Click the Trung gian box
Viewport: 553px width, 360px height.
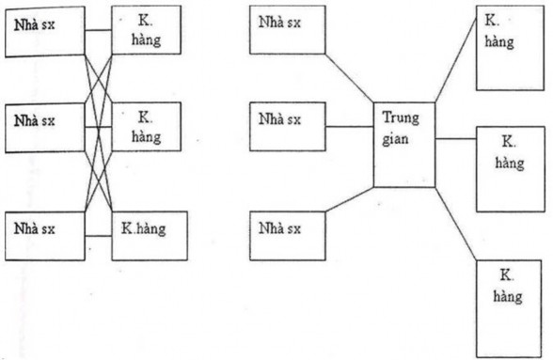pyautogui.click(x=405, y=144)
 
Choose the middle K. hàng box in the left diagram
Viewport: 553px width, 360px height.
pyautogui.click(x=145, y=128)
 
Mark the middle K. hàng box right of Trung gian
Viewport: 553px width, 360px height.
pyautogui.click(x=508, y=166)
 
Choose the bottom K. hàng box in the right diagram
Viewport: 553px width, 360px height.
pyautogui.click(x=508, y=306)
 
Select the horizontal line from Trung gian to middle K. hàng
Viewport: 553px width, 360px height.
pyautogui.click(x=457, y=139)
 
